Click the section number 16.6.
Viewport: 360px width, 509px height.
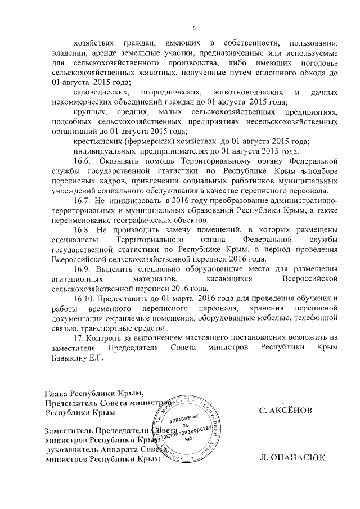coord(83,160)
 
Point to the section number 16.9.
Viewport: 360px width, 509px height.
coord(83,269)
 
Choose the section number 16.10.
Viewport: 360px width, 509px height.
coord(84,298)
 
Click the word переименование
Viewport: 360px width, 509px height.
coord(82,219)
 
